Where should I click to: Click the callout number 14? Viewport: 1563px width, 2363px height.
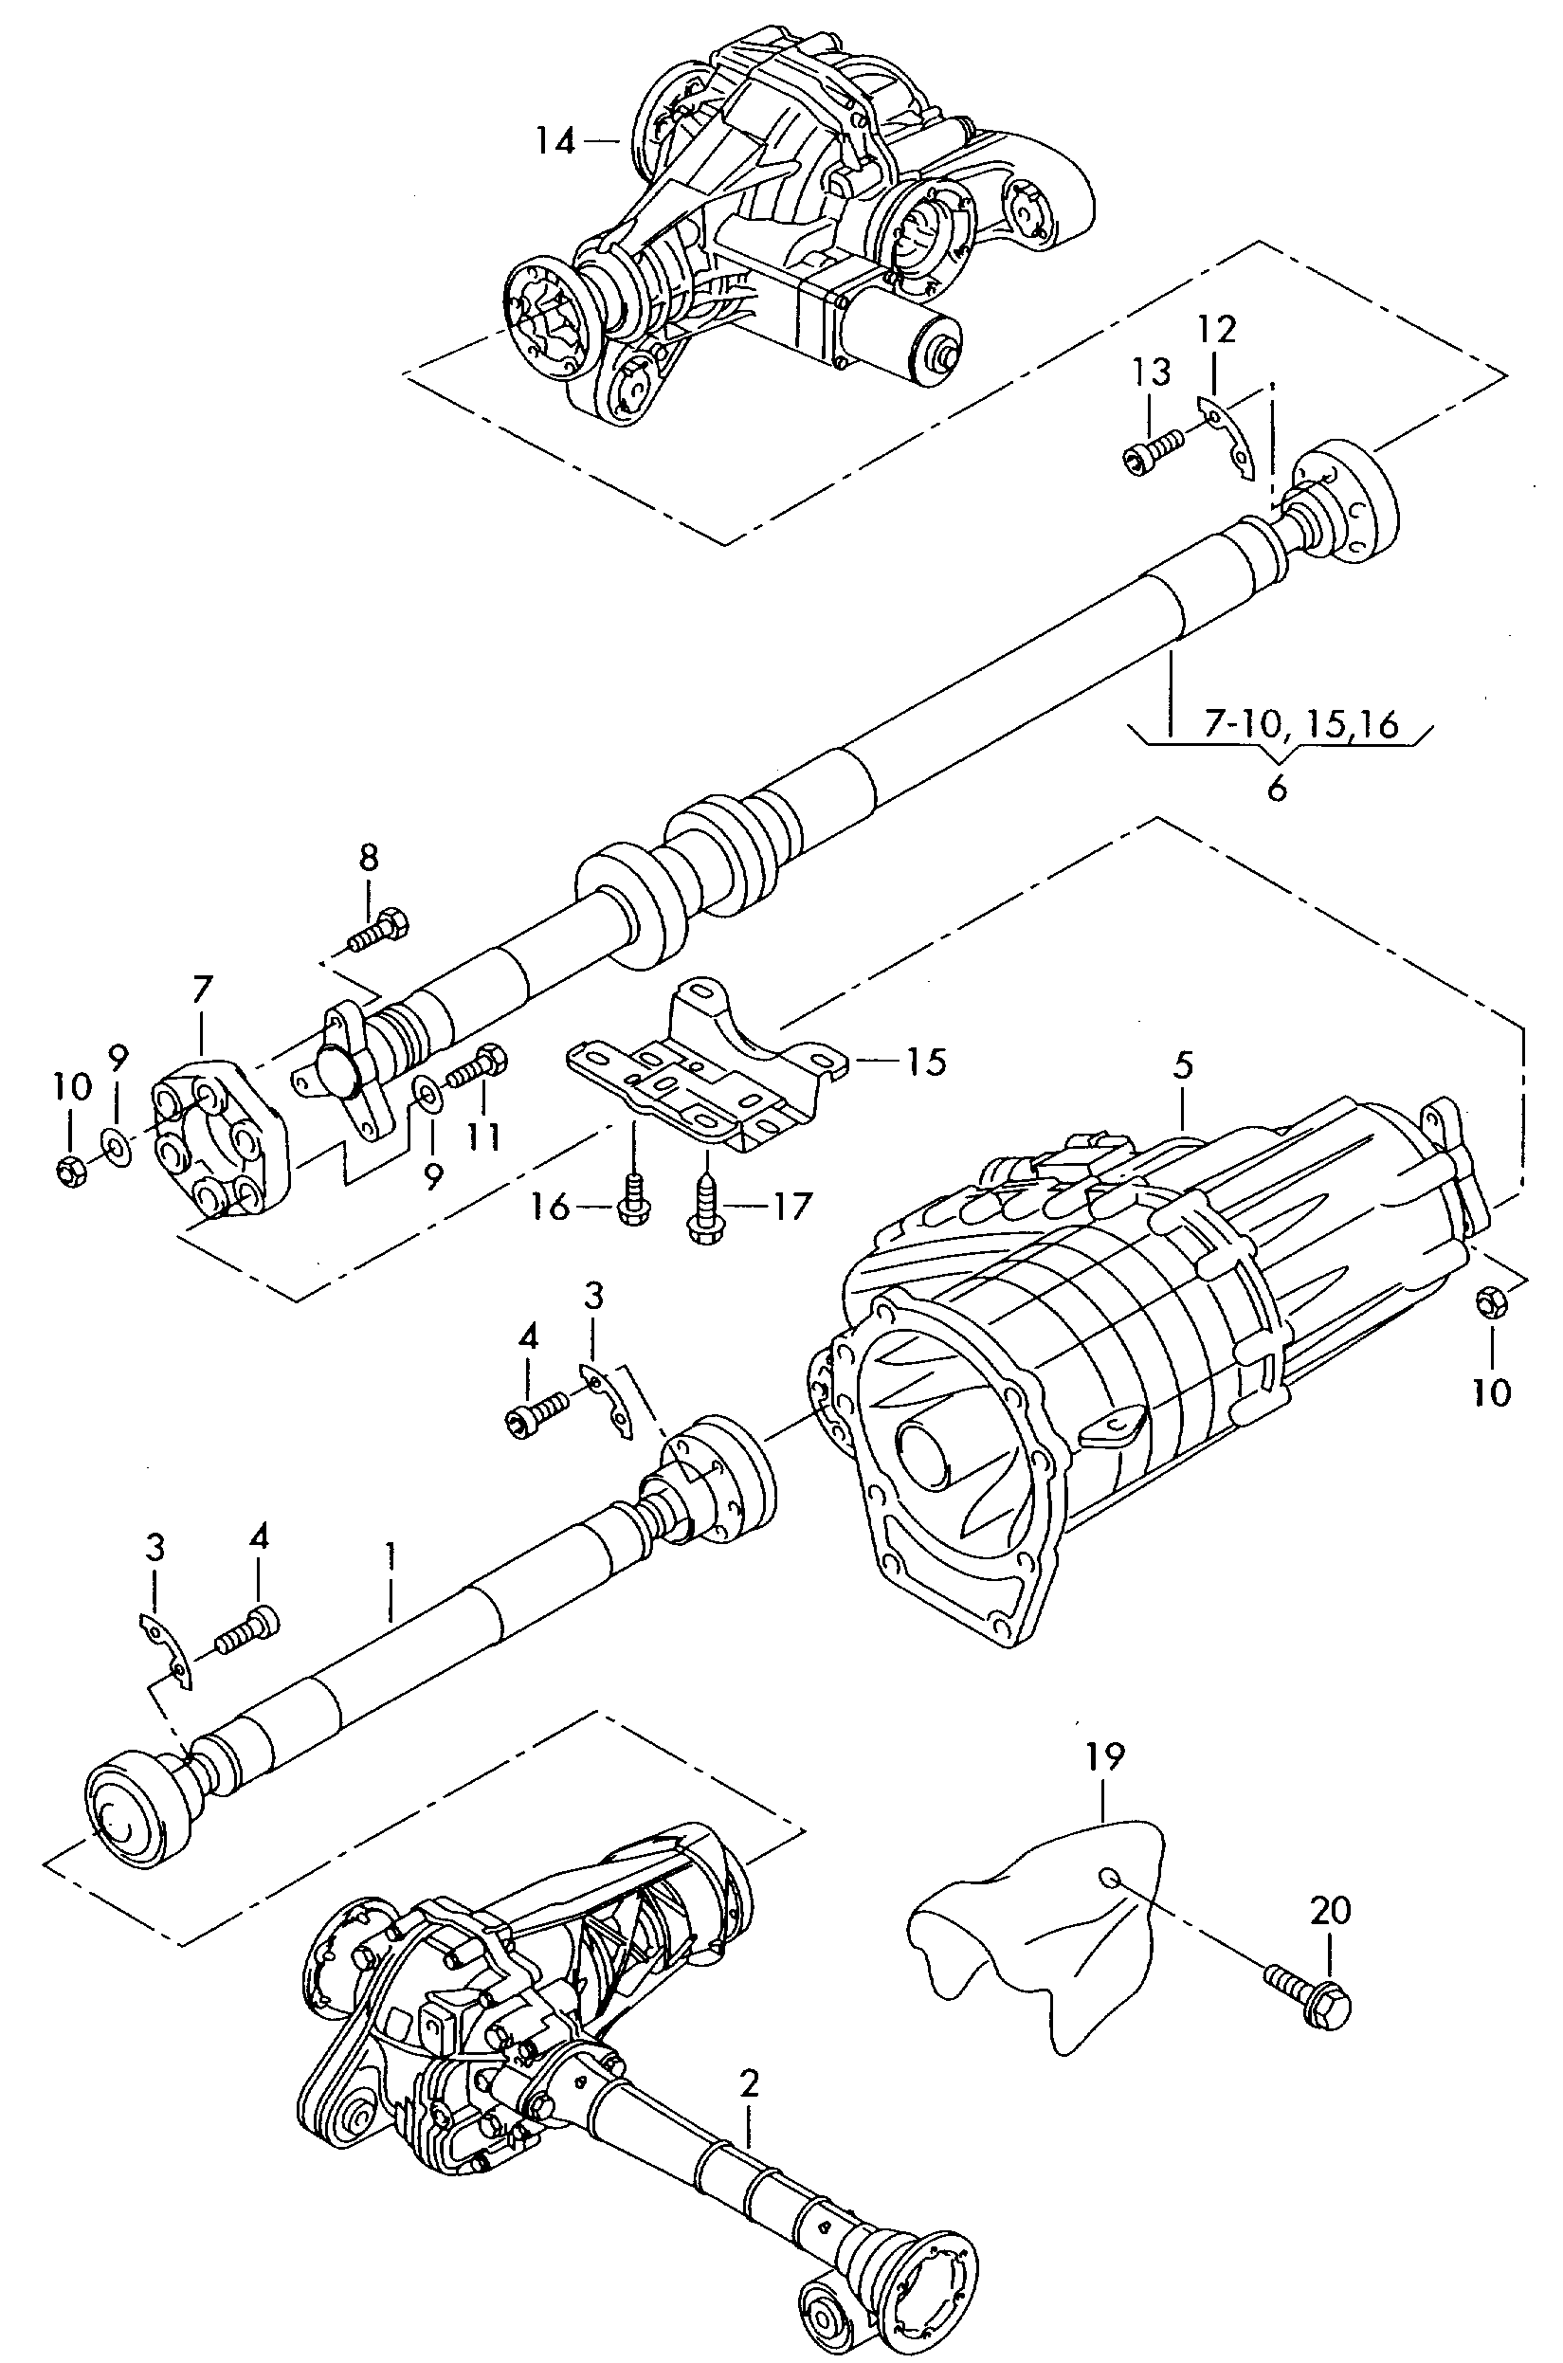coord(554,140)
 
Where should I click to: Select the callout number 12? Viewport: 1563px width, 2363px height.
coord(1216,329)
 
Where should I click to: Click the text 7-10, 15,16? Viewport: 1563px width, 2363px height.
coord(1299,723)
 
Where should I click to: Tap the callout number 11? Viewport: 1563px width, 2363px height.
coord(484,1136)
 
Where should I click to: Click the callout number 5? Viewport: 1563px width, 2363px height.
coord(1182,1065)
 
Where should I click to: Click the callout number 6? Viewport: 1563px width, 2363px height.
coord(1277,790)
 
